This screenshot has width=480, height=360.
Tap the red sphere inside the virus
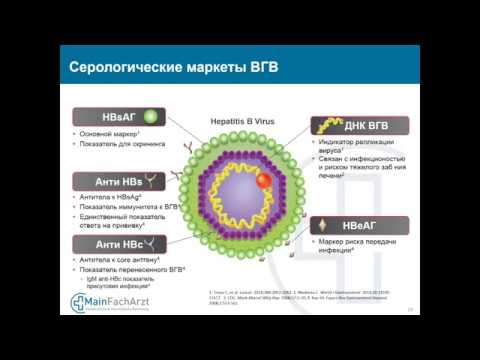click(x=264, y=181)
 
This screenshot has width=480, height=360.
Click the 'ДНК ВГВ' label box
click(x=354, y=126)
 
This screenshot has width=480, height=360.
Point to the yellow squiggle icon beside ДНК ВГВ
click(x=325, y=126)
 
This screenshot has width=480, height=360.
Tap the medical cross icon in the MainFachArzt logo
click(x=77, y=304)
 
